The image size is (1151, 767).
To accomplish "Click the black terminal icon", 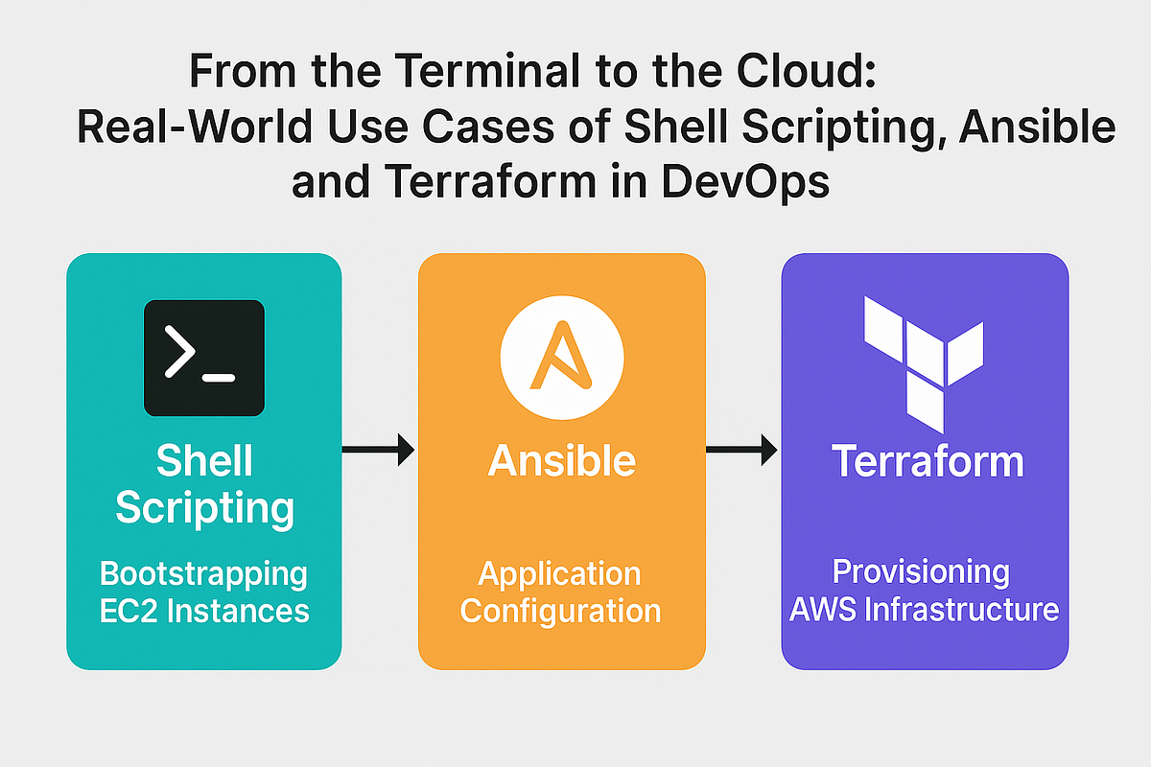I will coord(203,358).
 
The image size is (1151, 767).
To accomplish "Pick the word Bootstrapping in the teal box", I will coord(203,574).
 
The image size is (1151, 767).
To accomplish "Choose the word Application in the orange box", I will coord(560,573).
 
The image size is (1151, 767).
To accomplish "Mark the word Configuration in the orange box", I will coord(560,610).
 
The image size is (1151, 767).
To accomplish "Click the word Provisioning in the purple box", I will coord(920,572).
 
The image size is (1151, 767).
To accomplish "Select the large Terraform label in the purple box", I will coord(927,461).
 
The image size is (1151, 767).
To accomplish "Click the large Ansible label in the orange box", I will coord(561,461).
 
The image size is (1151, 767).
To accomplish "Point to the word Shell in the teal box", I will coord(204,461).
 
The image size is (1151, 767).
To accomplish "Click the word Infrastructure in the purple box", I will coord(962,609).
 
